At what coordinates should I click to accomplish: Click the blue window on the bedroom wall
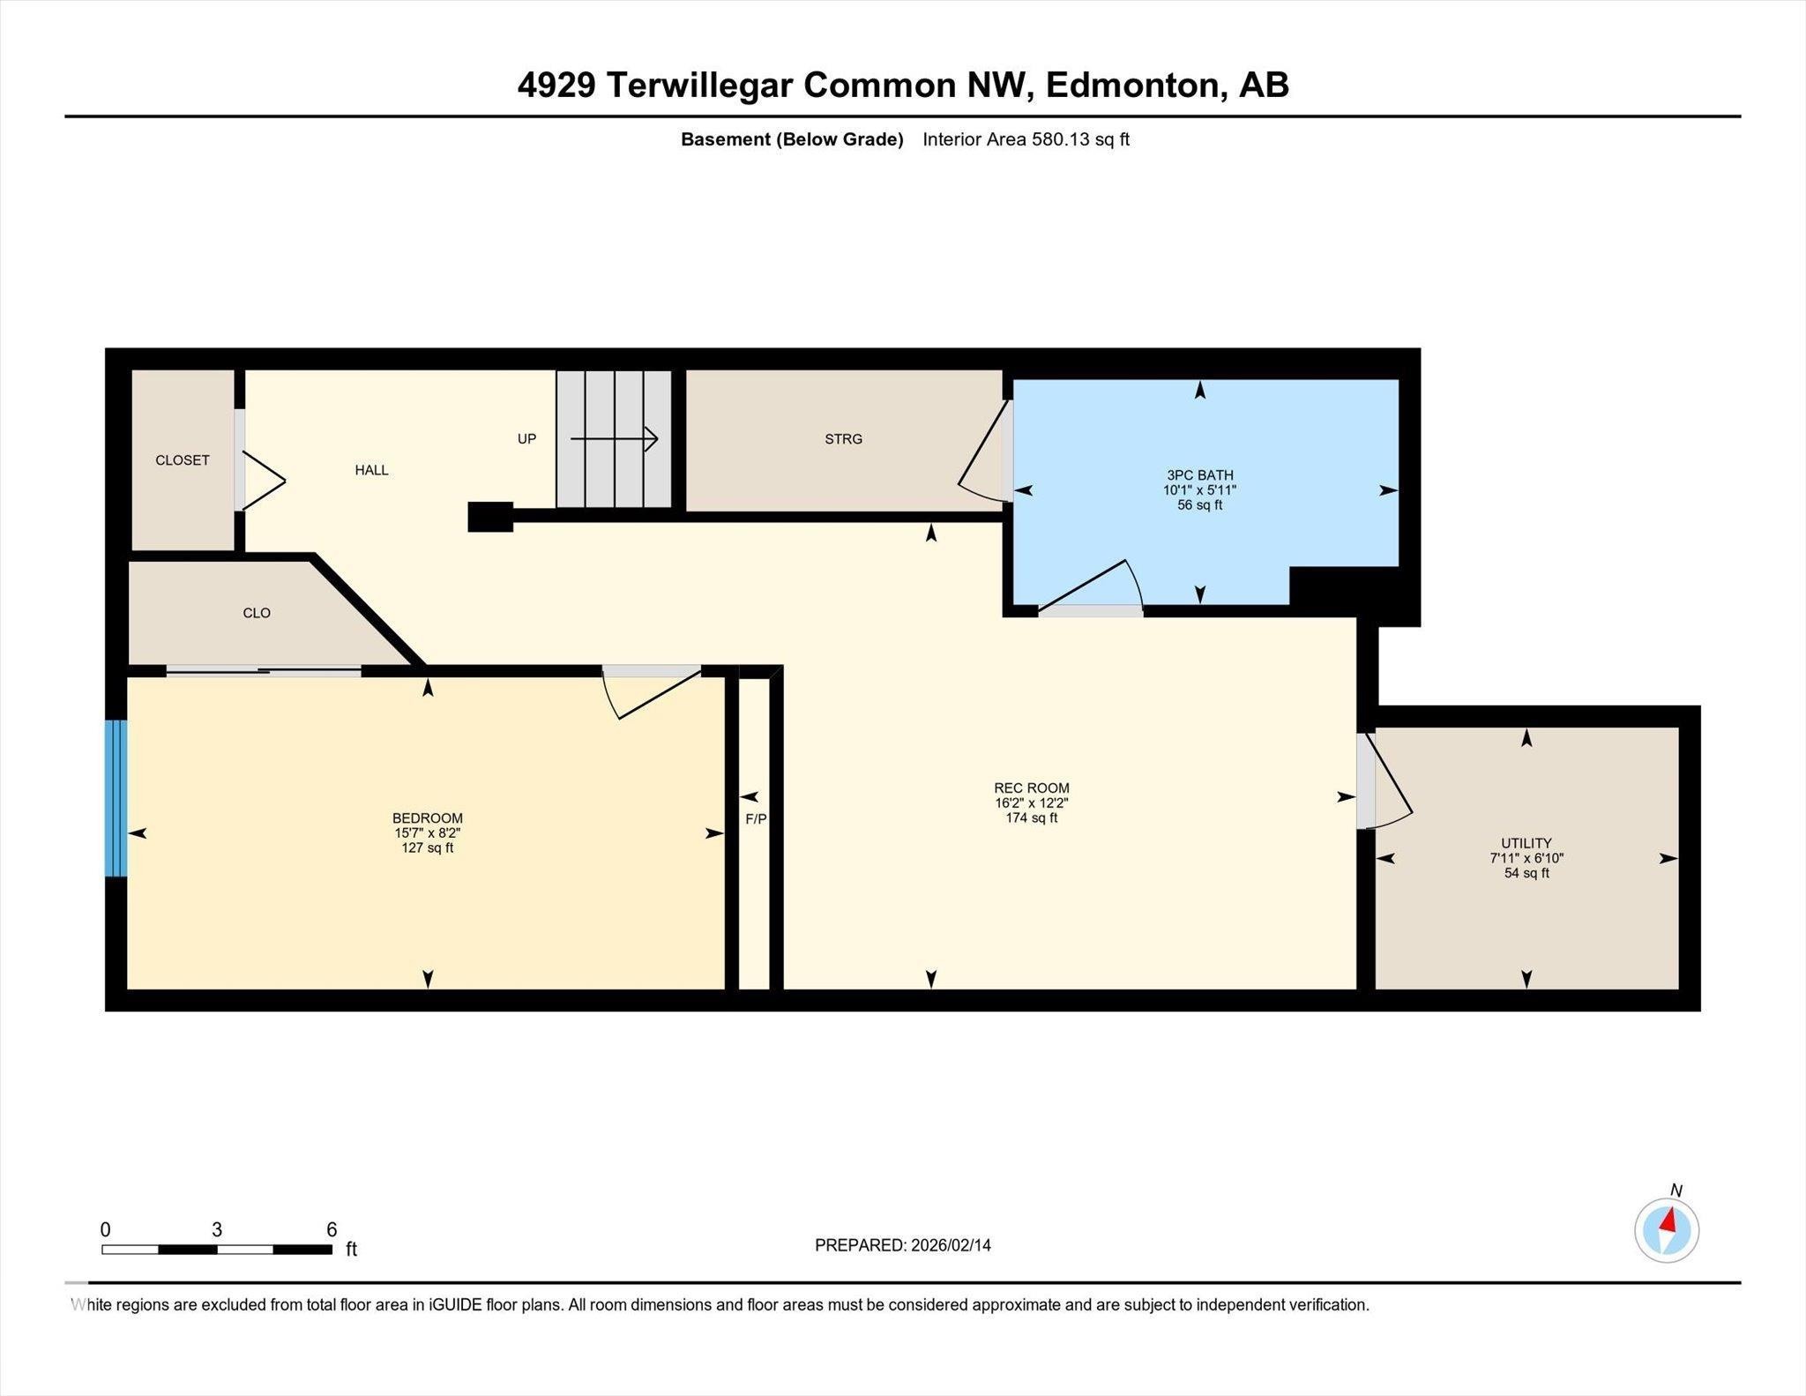pos(116,798)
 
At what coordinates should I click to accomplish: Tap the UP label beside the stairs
pos(526,438)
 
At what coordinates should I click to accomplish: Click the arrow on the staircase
pos(614,438)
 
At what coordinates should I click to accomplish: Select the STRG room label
pos(843,438)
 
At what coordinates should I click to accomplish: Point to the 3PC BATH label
pos(1199,475)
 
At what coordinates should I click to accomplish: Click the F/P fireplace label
pos(756,818)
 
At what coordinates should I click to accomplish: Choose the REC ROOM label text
pos(1031,788)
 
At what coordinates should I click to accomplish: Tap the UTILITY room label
pos(1526,842)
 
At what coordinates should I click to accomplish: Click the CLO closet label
pos(257,613)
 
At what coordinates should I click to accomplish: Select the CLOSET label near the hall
pos(183,460)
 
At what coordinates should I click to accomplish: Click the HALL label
pos(371,470)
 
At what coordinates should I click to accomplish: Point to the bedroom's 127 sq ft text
pos(427,848)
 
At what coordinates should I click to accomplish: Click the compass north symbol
pos(1667,1229)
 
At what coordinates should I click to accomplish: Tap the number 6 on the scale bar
pos(332,1229)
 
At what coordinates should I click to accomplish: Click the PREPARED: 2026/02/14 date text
pos(902,1245)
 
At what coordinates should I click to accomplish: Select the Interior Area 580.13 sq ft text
pos(1026,139)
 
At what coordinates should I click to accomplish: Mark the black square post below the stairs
pos(490,517)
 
